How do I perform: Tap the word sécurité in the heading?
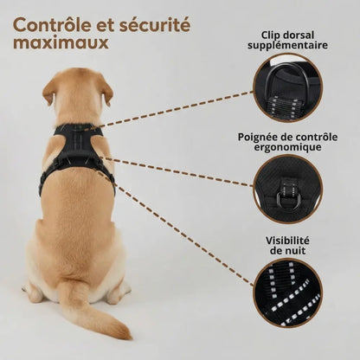[x=154, y=25]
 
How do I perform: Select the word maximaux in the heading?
[x=61, y=43]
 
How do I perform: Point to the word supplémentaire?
[x=287, y=45]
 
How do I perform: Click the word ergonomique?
[x=287, y=147]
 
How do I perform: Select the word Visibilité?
[x=287, y=241]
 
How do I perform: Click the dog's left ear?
[x=48, y=90]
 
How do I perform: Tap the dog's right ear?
[x=106, y=89]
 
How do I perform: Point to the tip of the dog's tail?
[x=127, y=335]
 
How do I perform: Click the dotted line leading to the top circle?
[x=175, y=109]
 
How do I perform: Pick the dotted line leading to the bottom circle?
[x=175, y=228]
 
